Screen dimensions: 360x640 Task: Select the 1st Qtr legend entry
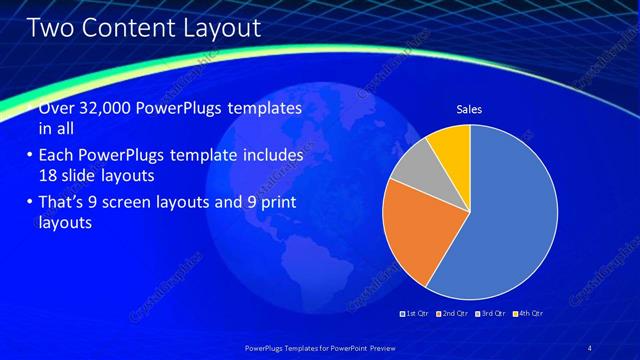[414, 313]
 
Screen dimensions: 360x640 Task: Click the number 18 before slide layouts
[47, 174]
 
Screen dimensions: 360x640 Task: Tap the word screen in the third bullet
[149, 203]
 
